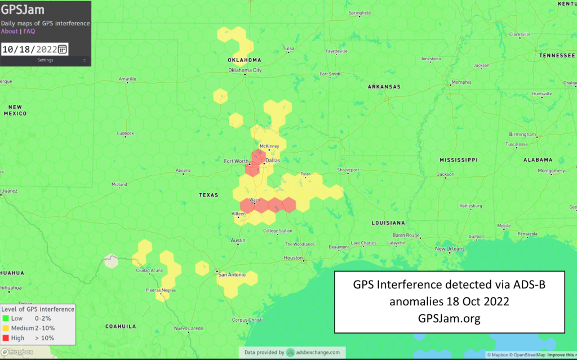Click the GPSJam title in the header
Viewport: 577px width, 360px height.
click(x=23, y=10)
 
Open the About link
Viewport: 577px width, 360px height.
click(x=10, y=32)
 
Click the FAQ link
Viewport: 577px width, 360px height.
click(x=29, y=32)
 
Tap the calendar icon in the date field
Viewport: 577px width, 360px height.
click(x=62, y=49)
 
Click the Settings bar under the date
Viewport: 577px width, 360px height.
click(x=45, y=60)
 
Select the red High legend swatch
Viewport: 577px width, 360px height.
click(x=5, y=337)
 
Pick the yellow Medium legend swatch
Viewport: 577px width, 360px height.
click(x=5, y=328)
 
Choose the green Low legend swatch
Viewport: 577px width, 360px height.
click(x=5, y=318)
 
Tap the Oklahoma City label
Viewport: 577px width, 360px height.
click(x=245, y=70)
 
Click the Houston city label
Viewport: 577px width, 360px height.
click(x=293, y=257)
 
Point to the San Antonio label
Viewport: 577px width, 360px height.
click(x=232, y=274)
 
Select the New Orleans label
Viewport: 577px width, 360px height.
click(x=450, y=248)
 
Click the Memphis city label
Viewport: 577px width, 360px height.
click(x=461, y=82)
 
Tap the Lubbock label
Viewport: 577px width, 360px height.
click(x=125, y=134)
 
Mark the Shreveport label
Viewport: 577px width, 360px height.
click(x=348, y=170)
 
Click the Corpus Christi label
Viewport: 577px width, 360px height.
click(x=247, y=319)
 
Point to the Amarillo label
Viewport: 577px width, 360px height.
click(x=127, y=79)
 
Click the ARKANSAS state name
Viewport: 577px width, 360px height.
click(x=384, y=87)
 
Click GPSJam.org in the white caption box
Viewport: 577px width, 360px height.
click(x=449, y=318)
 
